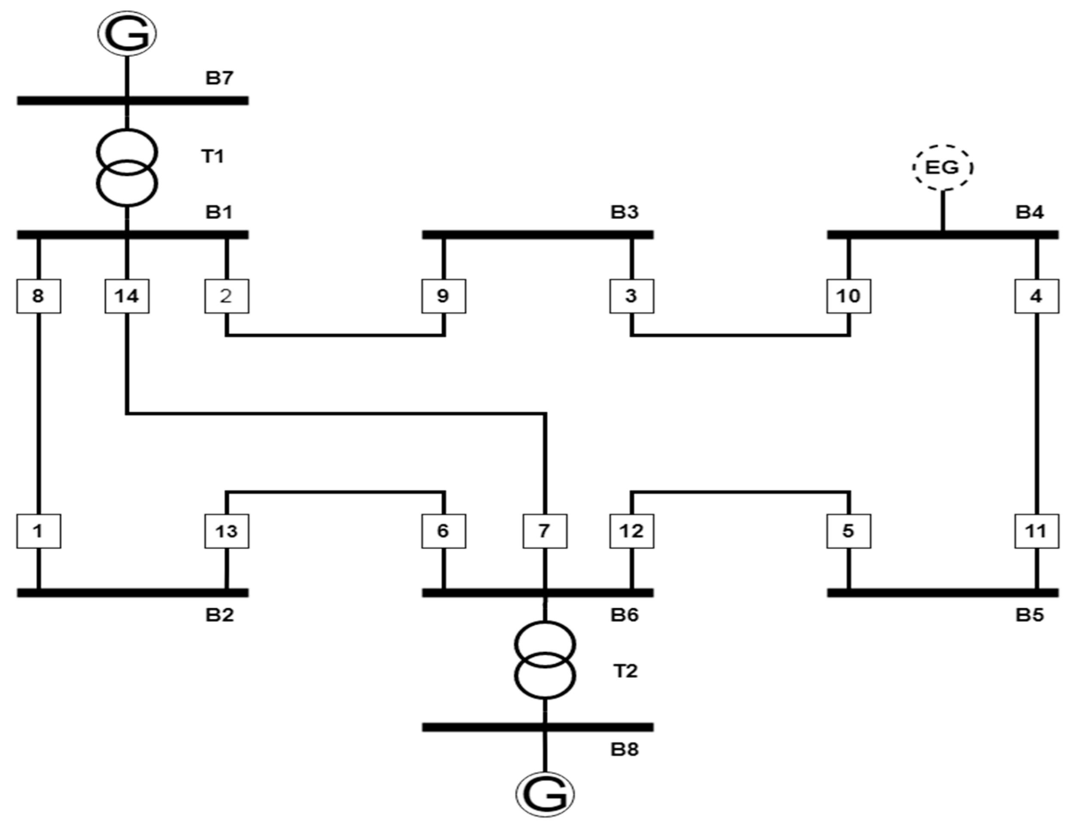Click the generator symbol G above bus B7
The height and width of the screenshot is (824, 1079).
[x=127, y=33]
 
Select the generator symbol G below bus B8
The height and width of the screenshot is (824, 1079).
[x=545, y=794]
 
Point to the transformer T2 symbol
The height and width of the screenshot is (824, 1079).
[x=545, y=660]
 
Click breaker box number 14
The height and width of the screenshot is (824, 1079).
[x=127, y=296]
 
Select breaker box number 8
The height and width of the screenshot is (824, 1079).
[x=39, y=296]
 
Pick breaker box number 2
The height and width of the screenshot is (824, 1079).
[x=226, y=296]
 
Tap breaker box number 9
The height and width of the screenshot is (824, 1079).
[x=443, y=296]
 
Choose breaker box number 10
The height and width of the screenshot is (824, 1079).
[x=849, y=296]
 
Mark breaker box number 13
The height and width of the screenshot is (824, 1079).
[x=226, y=531]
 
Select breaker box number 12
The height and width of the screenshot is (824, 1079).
[x=631, y=531]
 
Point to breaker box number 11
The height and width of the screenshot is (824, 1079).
[x=1036, y=531]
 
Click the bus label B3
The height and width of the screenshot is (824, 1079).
[x=625, y=213]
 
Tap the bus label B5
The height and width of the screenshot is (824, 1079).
[x=1030, y=614]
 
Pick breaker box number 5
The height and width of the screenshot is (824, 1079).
[x=849, y=531]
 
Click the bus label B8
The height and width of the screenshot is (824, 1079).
[x=625, y=749]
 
